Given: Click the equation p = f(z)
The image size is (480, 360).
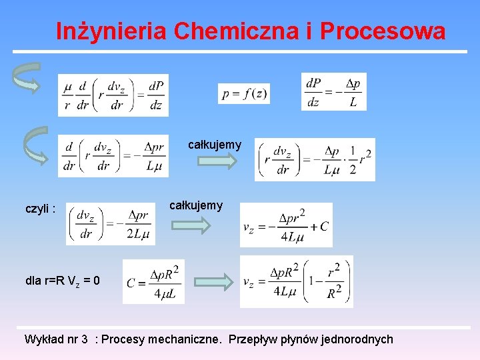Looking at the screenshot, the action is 244,93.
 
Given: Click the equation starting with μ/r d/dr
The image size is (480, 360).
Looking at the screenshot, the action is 113,95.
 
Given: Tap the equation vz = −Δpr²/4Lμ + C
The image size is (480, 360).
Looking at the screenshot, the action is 285,225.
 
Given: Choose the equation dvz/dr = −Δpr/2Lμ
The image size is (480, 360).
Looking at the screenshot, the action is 111,223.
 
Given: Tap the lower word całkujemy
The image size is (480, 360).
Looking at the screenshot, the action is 196,205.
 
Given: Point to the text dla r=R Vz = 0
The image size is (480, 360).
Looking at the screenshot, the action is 63,281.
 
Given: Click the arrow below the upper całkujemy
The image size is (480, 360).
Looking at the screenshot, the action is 220,161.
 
